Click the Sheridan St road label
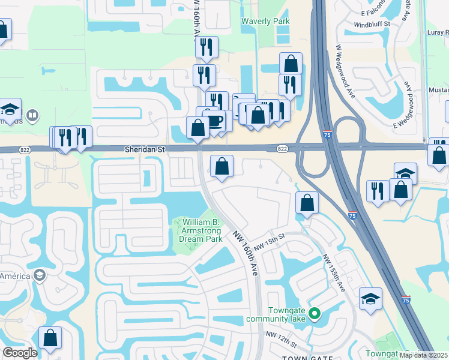coord(144,148)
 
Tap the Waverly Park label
coord(265,22)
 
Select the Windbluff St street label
coord(372,24)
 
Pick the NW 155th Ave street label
coord(334,274)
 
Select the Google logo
coord(20,353)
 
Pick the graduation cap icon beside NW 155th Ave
coord(370,298)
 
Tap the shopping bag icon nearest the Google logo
coord(50,337)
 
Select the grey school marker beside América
coord(39,275)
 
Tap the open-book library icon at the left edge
coord(33,114)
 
